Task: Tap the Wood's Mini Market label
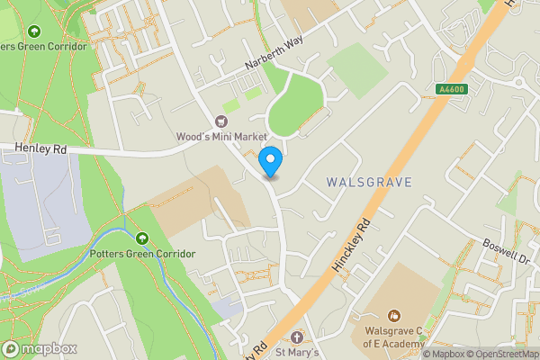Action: click(x=221, y=136)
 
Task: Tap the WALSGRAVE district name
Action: click(x=369, y=183)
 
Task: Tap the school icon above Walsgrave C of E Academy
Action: click(x=394, y=315)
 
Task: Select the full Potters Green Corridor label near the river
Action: click(x=142, y=254)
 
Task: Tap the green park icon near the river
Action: click(x=142, y=238)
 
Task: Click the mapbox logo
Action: click(x=40, y=348)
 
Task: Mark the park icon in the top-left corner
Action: click(x=35, y=31)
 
